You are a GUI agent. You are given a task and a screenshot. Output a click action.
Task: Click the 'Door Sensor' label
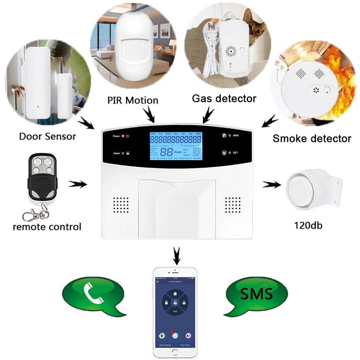(x=48, y=136)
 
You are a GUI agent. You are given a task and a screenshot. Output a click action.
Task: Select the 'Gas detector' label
(x=224, y=98)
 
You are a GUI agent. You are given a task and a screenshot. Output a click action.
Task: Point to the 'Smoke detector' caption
(x=312, y=139)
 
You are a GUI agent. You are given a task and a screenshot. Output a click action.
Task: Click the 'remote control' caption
(x=47, y=227)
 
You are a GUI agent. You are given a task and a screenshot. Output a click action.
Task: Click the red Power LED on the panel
(x=123, y=136)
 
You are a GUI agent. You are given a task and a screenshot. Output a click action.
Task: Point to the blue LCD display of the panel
(x=176, y=146)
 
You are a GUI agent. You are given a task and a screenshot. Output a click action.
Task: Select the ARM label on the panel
(x=236, y=136)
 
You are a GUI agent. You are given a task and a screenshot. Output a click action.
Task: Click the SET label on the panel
(x=236, y=153)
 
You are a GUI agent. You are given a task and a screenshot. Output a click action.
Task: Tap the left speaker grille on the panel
(x=120, y=204)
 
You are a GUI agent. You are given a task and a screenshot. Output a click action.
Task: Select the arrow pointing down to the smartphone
(x=176, y=254)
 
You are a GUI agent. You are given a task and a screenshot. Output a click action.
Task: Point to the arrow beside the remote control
(x=78, y=184)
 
